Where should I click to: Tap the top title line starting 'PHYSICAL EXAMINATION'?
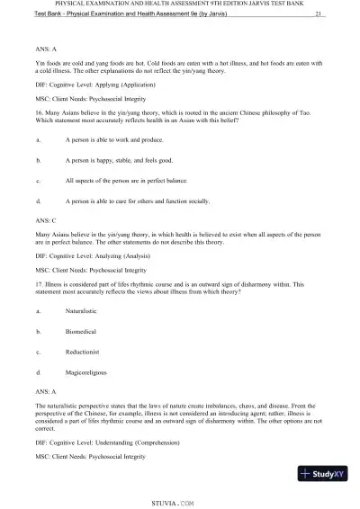click(179, 5)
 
